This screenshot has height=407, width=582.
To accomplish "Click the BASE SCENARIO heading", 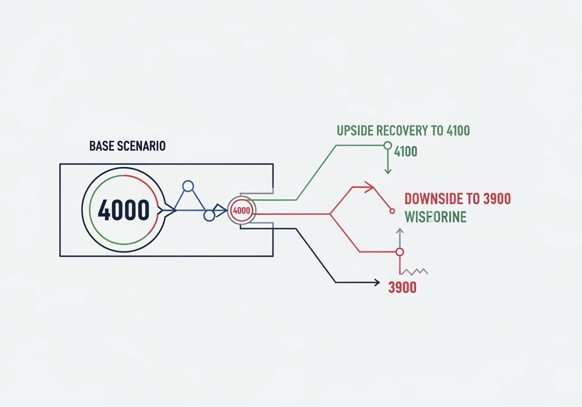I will point(127,146).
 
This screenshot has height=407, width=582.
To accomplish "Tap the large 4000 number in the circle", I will point(124,210).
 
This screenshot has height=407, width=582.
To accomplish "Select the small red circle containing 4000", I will point(241,210).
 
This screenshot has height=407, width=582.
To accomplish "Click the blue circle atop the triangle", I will point(188,186).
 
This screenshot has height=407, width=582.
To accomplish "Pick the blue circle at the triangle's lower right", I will point(209,215).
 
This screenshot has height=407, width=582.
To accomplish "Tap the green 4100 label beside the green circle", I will point(406,151).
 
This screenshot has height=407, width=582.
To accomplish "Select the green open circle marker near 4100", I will point(387,145).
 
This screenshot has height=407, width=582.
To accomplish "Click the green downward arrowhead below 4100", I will point(388,171).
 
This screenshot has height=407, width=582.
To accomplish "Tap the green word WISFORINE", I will point(436,217).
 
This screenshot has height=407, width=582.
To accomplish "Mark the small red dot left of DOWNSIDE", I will point(391,211).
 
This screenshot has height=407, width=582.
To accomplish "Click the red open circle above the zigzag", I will point(400,252).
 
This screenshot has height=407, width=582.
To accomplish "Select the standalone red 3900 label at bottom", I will point(402,288).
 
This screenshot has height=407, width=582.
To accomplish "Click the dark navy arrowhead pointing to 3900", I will point(376,283).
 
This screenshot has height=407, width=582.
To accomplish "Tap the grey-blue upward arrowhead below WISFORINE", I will point(400,231).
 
